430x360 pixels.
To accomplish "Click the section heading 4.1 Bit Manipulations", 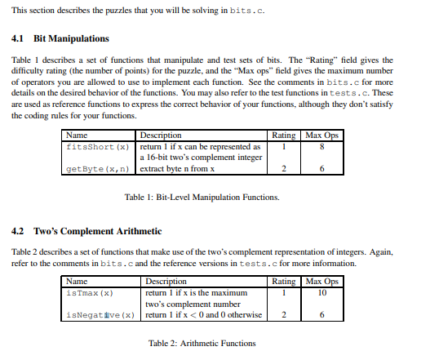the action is (61, 38).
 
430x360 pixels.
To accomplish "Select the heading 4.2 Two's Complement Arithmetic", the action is (86, 231).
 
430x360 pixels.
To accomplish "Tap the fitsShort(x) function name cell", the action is (96, 147).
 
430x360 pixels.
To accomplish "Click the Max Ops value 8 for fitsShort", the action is (323, 147).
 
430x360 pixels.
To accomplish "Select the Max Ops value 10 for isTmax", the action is (323, 292).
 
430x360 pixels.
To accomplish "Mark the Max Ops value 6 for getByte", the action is (323, 169).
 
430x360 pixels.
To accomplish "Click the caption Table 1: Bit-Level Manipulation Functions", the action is (202, 198).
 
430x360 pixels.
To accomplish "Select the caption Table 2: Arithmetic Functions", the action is (202, 343).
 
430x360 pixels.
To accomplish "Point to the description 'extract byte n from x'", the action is (177, 169).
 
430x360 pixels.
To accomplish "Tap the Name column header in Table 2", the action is (77, 282).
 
